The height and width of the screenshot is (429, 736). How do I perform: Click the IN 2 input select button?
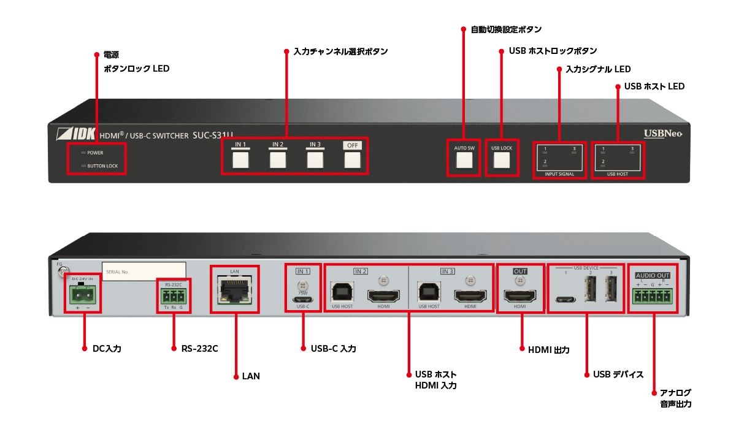pos(278,160)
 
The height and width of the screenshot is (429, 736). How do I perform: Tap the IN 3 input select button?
pos(315,160)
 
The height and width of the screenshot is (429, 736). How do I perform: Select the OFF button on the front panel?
pos(352,160)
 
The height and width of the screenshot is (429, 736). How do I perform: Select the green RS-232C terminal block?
pos(174,297)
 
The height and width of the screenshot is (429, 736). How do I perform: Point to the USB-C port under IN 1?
pos(303,300)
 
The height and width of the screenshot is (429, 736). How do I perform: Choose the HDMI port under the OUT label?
pos(519,297)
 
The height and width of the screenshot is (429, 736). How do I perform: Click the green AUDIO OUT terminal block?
pos(653,297)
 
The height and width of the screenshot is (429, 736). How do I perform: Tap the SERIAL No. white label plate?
pos(144,271)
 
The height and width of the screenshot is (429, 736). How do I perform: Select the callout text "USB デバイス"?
pos(618,374)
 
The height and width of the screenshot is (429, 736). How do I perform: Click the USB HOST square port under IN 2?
pos(343,292)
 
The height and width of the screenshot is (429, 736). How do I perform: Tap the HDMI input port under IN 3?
pos(470,296)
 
